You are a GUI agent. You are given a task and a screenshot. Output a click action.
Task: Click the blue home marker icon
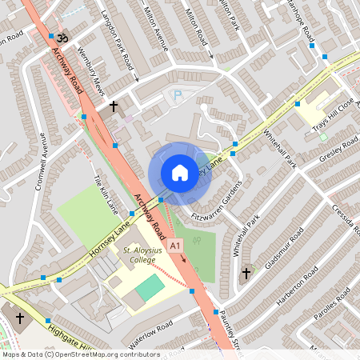coord(180,172)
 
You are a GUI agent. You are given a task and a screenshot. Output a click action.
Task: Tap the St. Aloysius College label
coord(142,255)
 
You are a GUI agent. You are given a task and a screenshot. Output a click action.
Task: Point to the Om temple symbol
coord(65,38)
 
